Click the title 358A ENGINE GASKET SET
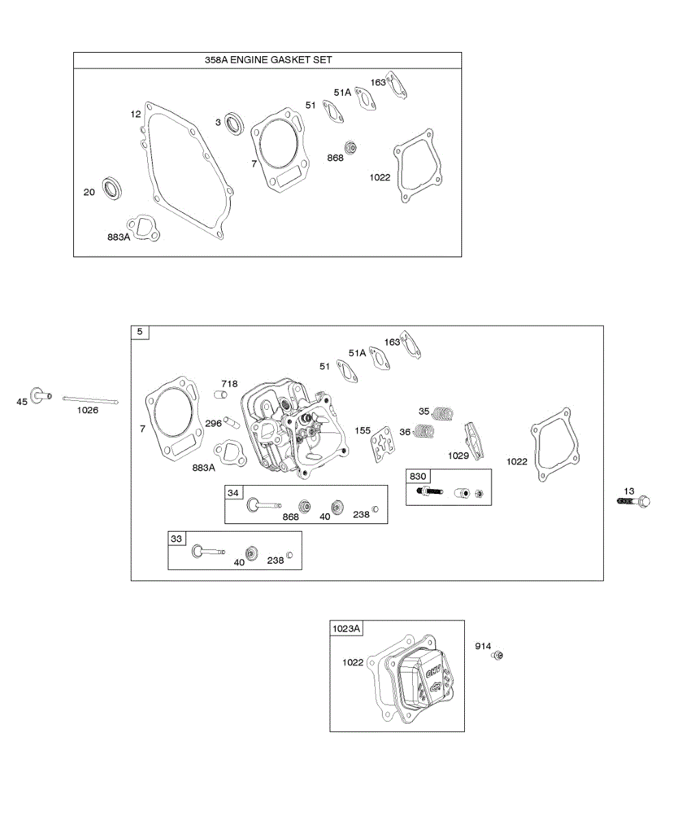(x=268, y=60)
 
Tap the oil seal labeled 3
(x=235, y=124)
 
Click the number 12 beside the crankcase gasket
(x=136, y=114)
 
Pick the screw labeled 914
(x=498, y=656)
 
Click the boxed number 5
(x=140, y=333)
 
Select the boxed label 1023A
(x=347, y=628)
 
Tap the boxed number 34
(x=233, y=493)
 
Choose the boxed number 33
(x=177, y=538)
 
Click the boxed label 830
(x=418, y=476)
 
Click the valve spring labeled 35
(x=445, y=413)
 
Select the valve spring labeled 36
(x=427, y=432)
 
